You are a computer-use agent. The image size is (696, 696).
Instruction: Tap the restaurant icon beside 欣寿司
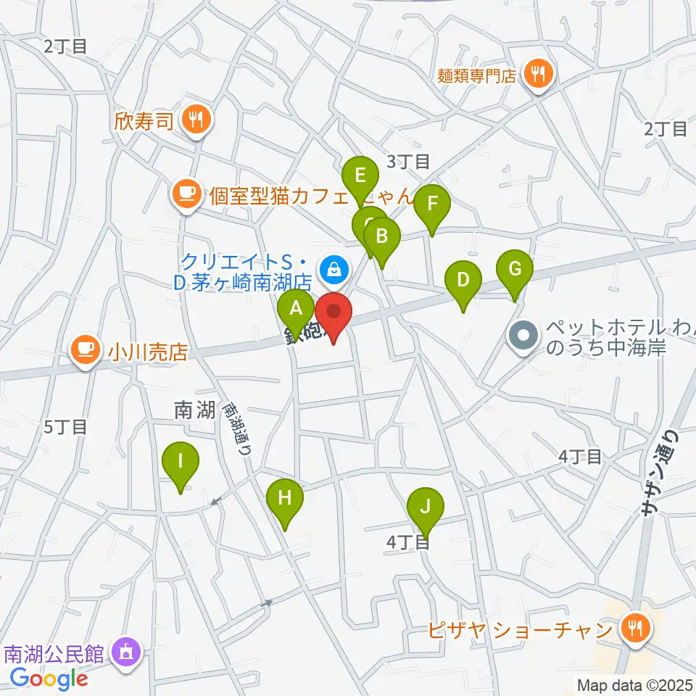pos(196,118)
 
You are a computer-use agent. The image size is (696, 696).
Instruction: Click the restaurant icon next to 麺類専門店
pos(539,73)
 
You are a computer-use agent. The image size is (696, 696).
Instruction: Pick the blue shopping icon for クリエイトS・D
pos(333,270)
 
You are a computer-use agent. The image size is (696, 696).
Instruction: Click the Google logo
pos(49,678)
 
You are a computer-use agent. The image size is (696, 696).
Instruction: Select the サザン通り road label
pos(659,472)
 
